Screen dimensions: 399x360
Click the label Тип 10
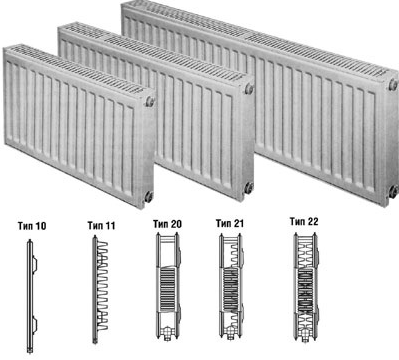32,226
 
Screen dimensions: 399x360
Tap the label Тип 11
101,226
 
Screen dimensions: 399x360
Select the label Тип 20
167,224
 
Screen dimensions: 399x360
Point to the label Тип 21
230,223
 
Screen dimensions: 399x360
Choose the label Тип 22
304,221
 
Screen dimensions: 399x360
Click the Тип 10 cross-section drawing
31,296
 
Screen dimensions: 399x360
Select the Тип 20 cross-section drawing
168,286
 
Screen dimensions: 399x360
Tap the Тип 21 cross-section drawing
230,286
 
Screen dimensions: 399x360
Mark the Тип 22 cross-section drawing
305,287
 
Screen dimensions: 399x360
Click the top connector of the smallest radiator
150,101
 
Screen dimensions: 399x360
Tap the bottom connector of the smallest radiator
149,196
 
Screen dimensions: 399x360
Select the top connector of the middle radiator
249,89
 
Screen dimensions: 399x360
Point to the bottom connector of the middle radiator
249,188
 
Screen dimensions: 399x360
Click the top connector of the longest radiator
393,85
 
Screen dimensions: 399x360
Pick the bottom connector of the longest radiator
393,191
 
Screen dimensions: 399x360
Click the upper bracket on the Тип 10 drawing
35,263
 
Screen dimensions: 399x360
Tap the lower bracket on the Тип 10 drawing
35,325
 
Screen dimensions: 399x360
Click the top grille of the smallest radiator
78,69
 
